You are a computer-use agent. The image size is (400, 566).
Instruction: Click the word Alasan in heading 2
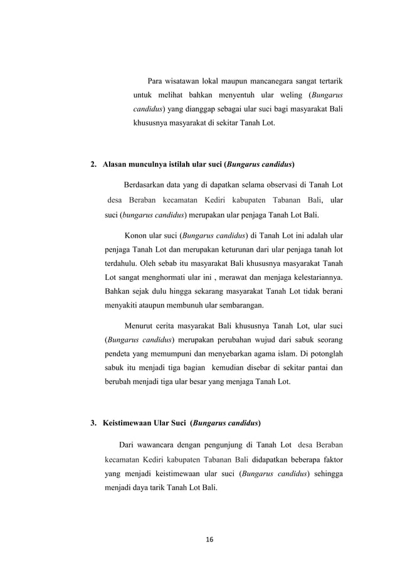click(115, 165)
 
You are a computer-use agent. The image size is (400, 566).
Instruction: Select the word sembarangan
click(243, 306)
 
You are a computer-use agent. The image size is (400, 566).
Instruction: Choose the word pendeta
click(117, 353)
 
